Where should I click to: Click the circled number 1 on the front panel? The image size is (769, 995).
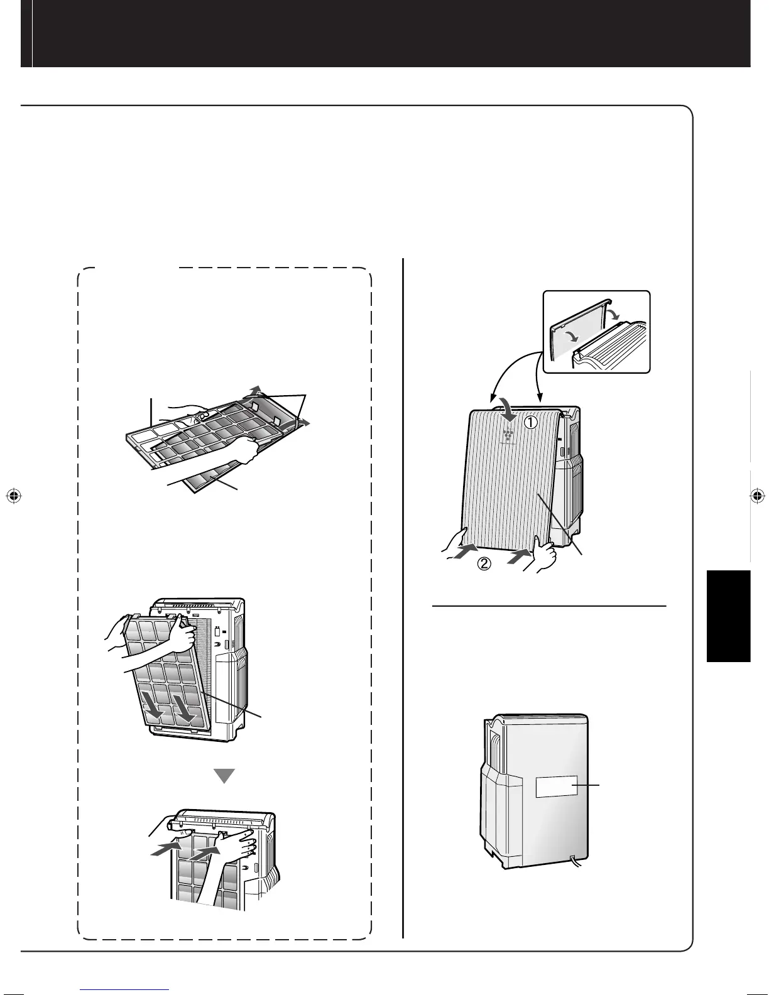click(531, 423)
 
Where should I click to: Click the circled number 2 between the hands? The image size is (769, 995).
click(484, 563)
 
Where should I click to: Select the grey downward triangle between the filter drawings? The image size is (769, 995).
click(224, 776)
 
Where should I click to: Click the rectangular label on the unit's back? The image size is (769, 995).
click(556, 786)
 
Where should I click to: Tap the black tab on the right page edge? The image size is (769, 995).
click(728, 616)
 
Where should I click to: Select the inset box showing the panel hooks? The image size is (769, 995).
click(596, 331)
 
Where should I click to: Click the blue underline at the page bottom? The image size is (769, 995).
click(126, 989)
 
